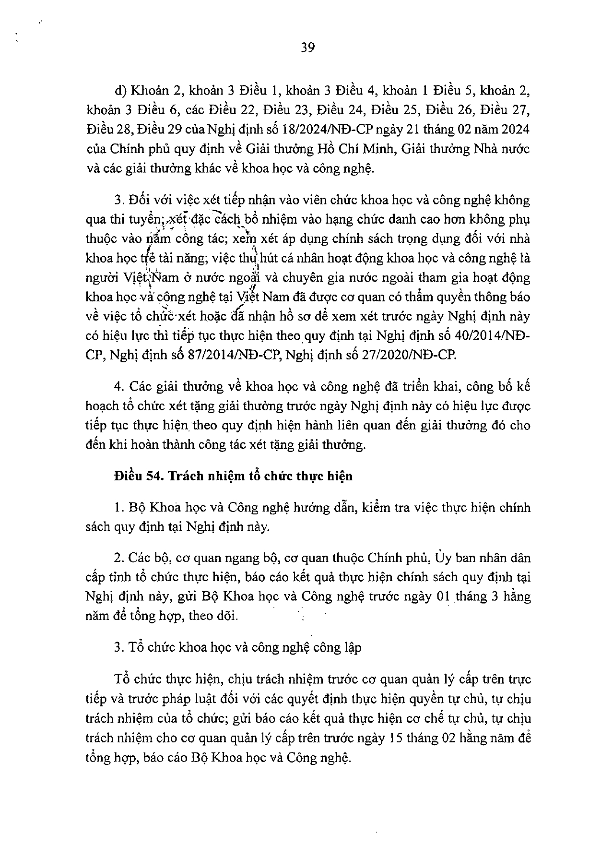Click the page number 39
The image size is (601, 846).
click(x=307, y=48)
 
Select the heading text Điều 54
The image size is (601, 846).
click(x=134, y=476)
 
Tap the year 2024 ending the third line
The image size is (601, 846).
click(x=514, y=130)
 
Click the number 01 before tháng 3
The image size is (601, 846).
click(x=439, y=597)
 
